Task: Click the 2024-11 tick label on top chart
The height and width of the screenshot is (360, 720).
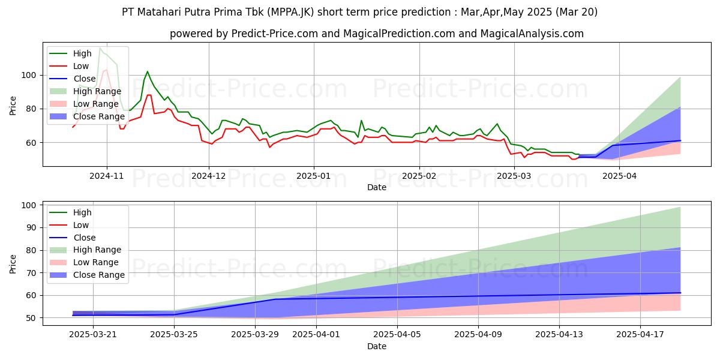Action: pos(107,177)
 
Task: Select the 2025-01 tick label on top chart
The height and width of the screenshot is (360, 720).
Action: pos(314,177)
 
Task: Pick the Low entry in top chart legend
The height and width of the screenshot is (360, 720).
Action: pos(82,66)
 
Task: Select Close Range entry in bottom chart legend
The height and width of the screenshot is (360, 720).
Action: pos(99,275)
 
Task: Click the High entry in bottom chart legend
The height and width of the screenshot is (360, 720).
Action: pos(82,212)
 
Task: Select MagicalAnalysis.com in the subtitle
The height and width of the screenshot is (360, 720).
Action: pos(523,34)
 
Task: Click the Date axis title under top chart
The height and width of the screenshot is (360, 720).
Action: pos(376,188)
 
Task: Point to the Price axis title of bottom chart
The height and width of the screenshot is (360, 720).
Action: pos(13,263)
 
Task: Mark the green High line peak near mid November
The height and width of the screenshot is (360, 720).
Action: pos(147,71)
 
